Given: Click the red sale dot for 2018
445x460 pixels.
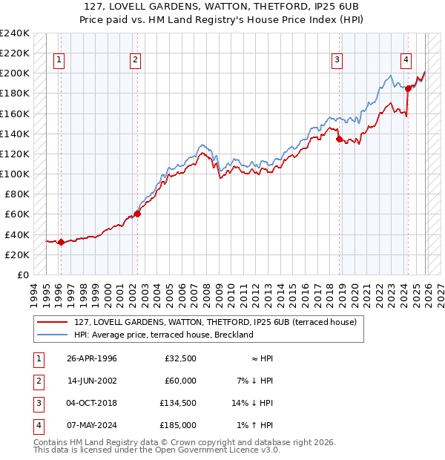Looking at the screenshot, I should [339, 139].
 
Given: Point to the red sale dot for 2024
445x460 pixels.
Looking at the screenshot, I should [409, 88].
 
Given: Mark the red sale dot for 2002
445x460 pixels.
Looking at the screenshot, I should [137, 214].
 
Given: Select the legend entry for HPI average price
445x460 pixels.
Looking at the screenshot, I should [164, 335].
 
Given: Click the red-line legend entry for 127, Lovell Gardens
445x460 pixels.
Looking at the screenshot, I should [215, 322].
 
